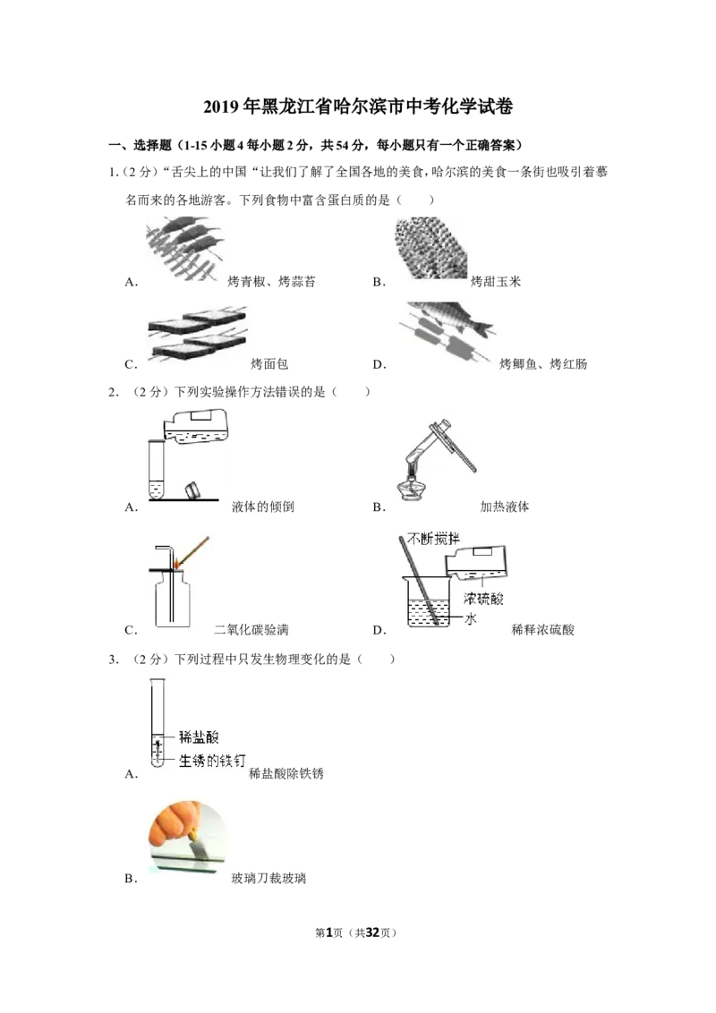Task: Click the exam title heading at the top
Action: click(x=358, y=106)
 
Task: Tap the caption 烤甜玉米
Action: click(x=496, y=282)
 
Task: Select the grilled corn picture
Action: click(x=430, y=248)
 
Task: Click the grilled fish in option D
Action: click(x=451, y=319)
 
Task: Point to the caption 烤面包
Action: click(x=269, y=364)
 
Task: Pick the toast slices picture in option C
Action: click(x=197, y=334)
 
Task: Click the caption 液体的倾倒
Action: click(x=263, y=507)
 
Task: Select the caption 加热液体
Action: click(x=505, y=507)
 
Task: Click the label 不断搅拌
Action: click(x=433, y=538)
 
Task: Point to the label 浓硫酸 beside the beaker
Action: click(x=483, y=599)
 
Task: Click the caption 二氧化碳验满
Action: click(x=251, y=630)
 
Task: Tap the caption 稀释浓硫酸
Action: click(x=542, y=630)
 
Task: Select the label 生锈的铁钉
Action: click(x=212, y=761)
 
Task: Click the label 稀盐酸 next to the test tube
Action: click(x=199, y=736)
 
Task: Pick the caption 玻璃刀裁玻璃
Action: click(x=268, y=879)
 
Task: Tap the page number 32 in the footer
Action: click(x=372, y=932)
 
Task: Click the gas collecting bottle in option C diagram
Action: click(x=173, y=600)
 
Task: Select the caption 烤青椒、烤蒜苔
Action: click(x=272, y=282)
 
